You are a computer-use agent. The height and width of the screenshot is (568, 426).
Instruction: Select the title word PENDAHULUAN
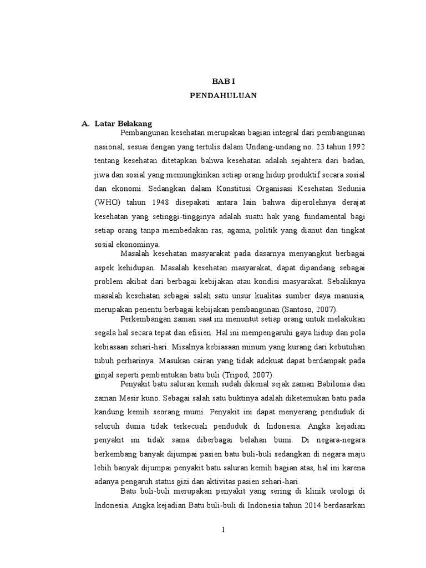coord(223,95)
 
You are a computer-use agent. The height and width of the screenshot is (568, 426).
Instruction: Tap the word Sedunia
coord(348,188)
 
